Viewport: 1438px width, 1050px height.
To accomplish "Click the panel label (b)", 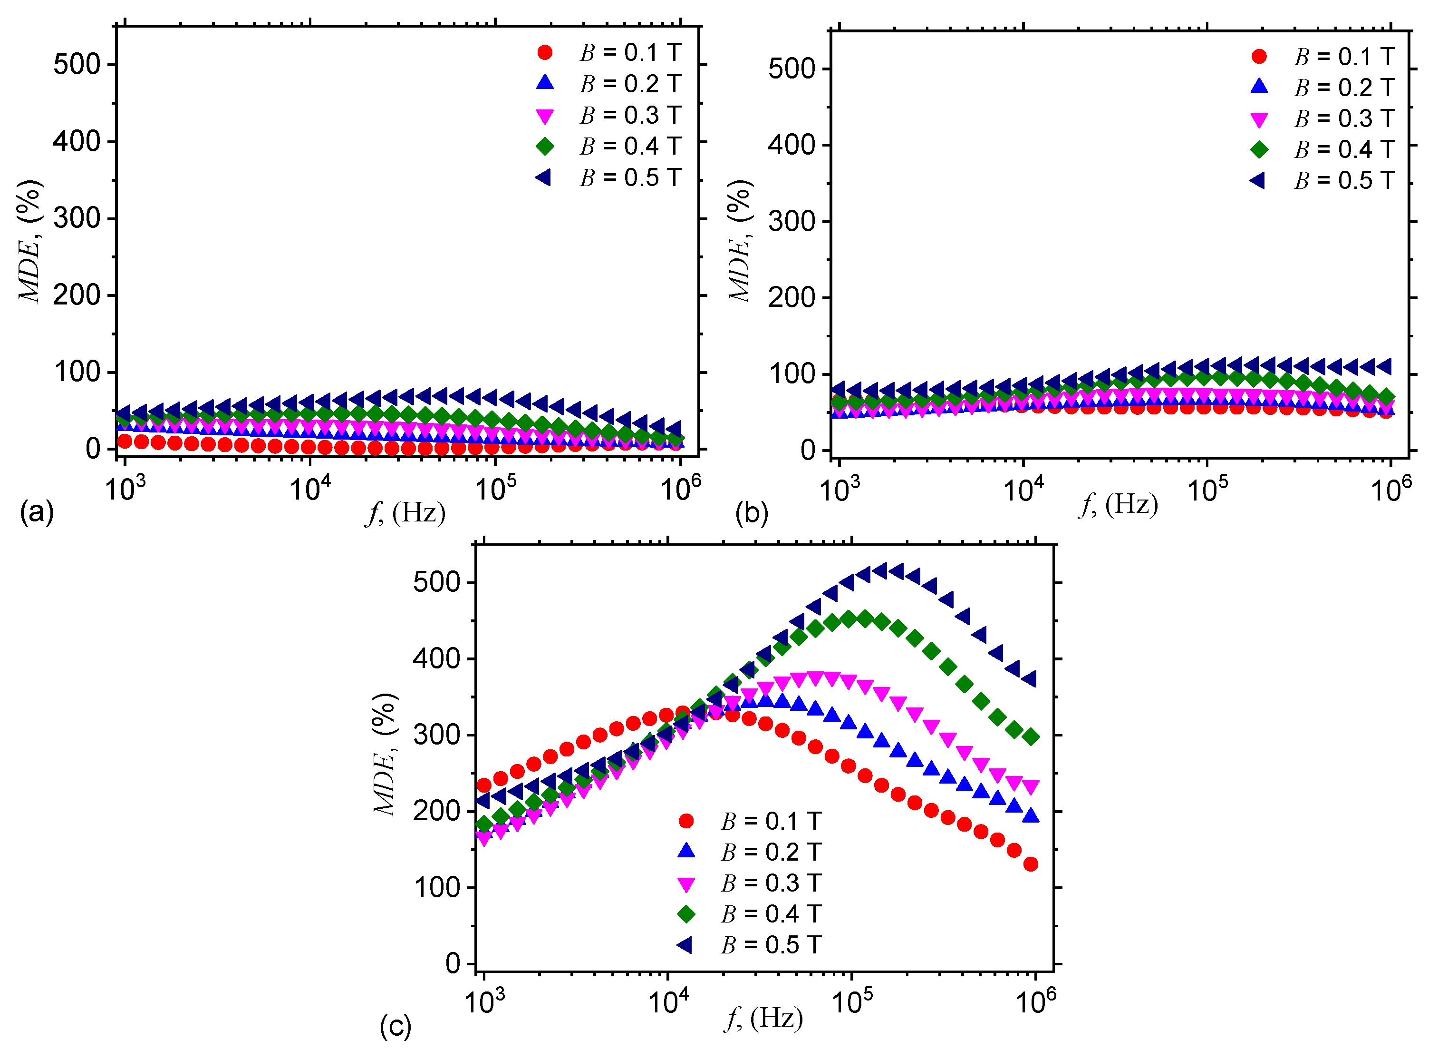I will click(752, 512).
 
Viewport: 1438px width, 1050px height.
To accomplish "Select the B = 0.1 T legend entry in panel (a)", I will click(610, 53).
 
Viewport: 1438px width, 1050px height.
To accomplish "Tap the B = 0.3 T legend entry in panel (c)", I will click(752, 883).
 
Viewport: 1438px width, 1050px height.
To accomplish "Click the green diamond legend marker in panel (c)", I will click(686, 914).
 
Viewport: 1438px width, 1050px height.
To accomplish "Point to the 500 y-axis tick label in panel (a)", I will click(76, 65).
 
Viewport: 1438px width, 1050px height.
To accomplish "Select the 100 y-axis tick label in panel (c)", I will click(436, 887).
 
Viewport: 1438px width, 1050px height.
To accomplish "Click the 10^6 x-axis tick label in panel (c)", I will click(1036, 1002).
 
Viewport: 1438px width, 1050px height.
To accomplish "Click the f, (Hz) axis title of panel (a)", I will click(405, 512).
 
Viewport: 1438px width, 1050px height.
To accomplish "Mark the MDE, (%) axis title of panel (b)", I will click(740, 242).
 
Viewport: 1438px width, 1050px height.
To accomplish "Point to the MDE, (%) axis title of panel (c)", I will click(385, 755).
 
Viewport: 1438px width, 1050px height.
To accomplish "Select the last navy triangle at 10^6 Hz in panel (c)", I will click(1030, 679).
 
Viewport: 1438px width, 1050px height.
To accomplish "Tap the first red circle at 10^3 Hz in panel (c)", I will click(484, 785).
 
